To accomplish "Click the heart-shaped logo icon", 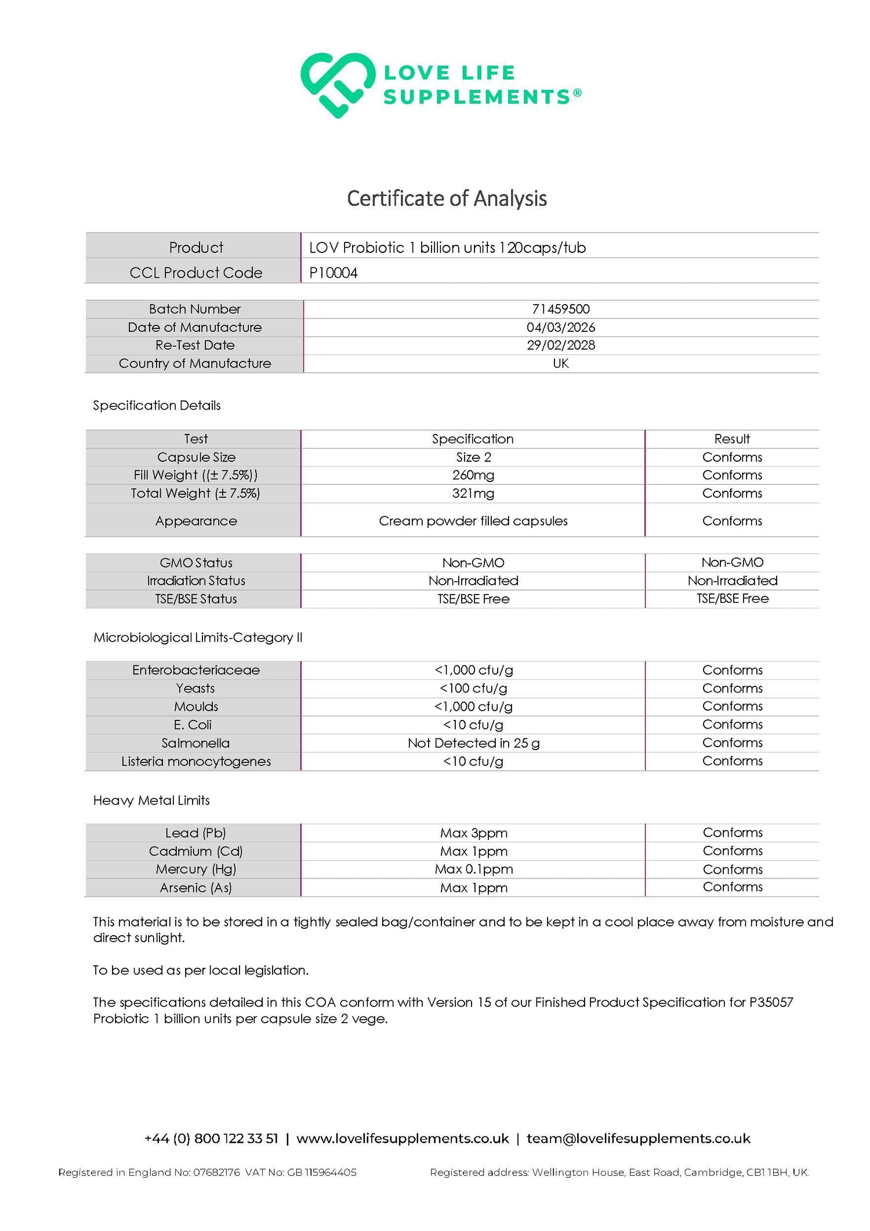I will (x=337, y=85).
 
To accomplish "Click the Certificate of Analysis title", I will (x=447, y=198).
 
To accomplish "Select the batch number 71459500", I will (x=560, y=309).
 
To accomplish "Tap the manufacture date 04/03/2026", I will (x=560, y=327).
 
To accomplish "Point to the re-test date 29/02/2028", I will (x=560, y=345).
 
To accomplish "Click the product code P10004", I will (x=333, y=273).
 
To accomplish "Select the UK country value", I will (x=560, y=363).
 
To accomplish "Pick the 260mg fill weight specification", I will (x=473, y=475).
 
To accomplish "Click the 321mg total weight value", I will (x=473, y=493).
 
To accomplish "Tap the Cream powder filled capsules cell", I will (x=473, y=521).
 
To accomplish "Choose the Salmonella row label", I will (x=195, y=743).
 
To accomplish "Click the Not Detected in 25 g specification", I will (x=473, y=743).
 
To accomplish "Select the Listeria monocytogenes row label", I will (x=195, y=761).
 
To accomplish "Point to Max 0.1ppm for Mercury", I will (x=473, y=869).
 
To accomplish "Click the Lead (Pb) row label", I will (x=195, y=833).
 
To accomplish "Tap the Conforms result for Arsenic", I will (x=733, y=887).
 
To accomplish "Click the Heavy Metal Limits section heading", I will (x=151, y=801).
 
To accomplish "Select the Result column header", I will (x=732, y=439).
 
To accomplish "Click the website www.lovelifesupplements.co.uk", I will (x=403, y=1139).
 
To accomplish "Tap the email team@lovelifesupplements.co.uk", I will (x=638, y=1139).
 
